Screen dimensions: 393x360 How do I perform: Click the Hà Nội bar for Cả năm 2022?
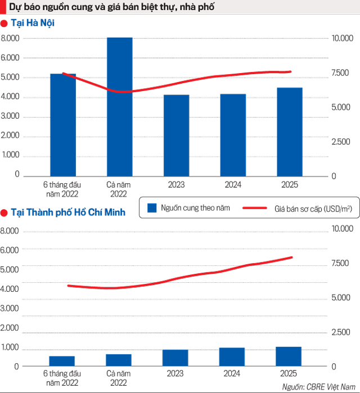click(119, 107)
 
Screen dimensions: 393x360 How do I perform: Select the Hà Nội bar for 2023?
click(176, 135)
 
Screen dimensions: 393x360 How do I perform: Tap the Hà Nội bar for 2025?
click(290, 132)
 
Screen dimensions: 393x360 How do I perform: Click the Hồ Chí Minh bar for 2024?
click(232, 357)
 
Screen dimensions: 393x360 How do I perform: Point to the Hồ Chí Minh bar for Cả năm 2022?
click(119, 360)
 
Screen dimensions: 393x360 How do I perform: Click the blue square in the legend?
click(151, 209)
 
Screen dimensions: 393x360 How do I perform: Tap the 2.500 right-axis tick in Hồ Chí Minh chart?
click(341, 333)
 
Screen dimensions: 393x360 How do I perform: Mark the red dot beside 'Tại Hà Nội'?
click(4, 24)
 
